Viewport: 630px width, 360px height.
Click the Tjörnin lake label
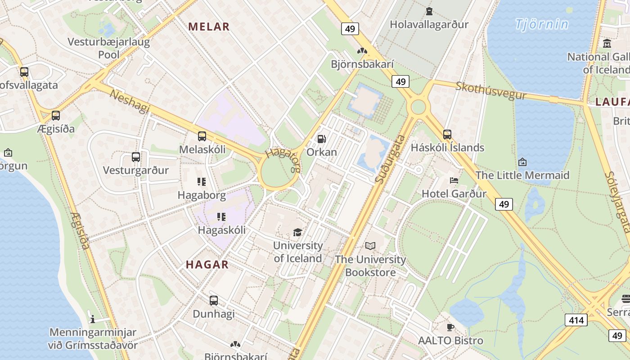coord(542,24)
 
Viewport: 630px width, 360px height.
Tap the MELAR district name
coord(209,27)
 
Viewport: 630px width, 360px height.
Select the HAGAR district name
coord(207,265)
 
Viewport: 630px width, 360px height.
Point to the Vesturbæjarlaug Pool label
coord(108,48)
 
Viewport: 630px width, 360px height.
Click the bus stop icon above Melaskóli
coord(202,136)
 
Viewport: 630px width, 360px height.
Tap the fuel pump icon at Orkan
coord(321,139)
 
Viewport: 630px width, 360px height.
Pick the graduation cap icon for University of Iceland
coord(297,232)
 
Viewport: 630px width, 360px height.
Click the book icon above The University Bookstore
coord(370,246)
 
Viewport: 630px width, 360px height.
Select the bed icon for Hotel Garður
coord(454,180)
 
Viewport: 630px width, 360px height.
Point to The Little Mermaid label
coord(522,175)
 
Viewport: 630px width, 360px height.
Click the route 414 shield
coord(576,320)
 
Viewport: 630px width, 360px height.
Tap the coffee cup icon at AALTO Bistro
coord(450,327)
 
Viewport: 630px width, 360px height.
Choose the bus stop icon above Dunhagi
coord(214,300)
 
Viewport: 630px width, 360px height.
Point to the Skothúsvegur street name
coord(490,90)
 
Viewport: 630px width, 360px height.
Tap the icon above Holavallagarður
coord(429,11)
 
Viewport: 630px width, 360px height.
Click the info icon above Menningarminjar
coord(93,319)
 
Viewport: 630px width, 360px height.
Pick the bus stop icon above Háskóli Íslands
coord(447,134)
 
